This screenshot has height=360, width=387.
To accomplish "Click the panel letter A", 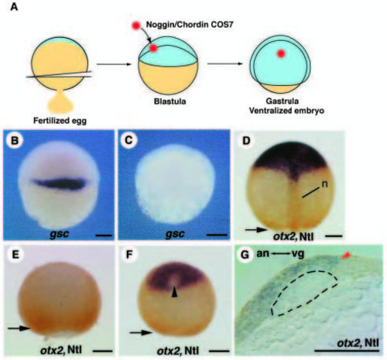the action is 14,7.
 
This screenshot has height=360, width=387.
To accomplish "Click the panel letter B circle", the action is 15,140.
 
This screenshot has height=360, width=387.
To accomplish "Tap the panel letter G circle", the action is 245,255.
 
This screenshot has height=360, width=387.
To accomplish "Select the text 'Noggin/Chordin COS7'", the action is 190,25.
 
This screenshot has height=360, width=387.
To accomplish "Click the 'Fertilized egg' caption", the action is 60,121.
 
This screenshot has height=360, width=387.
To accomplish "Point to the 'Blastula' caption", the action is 170,101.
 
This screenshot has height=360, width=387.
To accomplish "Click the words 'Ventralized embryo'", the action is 286,111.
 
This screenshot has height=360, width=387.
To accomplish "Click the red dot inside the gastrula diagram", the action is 281,53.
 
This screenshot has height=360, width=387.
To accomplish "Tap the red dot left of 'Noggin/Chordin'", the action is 136,26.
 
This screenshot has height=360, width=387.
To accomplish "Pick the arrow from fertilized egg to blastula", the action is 114,64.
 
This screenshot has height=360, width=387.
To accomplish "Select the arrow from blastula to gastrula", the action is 225,63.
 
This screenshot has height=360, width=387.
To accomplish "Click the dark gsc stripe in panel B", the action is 59,183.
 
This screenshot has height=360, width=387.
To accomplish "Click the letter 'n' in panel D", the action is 324,184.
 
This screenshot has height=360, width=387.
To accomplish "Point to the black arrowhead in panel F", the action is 175,293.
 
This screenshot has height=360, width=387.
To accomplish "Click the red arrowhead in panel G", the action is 346,255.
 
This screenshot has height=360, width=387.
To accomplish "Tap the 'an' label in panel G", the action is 262,253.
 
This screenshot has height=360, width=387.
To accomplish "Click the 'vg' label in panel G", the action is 298,254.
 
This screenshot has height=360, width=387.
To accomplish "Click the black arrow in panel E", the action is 19,328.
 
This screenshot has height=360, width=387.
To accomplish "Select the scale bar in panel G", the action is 347,351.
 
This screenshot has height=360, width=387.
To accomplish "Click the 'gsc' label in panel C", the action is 175,234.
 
